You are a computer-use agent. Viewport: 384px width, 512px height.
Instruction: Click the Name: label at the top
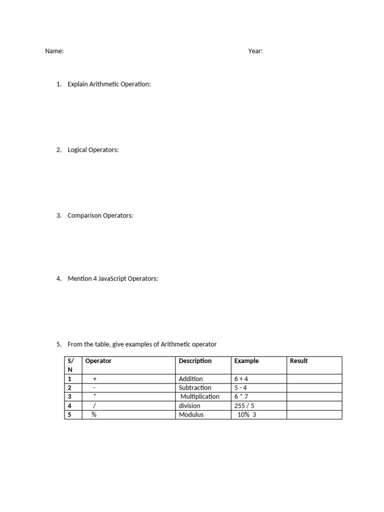54,51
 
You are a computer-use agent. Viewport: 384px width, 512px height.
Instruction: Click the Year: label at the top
255,51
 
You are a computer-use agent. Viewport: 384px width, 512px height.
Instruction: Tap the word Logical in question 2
78,149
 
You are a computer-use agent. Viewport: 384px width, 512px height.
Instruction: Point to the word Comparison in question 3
84,215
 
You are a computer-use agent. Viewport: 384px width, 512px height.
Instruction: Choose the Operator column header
98,361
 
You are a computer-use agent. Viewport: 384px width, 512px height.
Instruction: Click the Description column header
195,361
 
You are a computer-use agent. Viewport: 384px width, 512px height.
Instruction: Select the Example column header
246,361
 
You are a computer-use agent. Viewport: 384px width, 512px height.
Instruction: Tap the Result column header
299,361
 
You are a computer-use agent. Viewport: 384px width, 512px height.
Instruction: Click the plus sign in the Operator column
94,379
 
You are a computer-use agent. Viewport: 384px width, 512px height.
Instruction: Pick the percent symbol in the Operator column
94,414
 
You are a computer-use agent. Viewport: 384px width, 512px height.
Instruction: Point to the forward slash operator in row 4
94,406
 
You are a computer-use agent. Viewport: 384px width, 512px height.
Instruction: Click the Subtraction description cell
195,388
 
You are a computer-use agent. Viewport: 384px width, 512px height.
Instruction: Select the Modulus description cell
191,414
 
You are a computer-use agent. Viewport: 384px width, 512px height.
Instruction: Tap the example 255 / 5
244,406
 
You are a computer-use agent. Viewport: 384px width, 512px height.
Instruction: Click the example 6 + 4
241,379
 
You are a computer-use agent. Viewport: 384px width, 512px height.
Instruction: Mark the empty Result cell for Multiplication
314,396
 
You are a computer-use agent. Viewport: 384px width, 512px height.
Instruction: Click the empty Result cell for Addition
314,379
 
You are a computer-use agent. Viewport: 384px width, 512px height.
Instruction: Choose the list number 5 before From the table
58,344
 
